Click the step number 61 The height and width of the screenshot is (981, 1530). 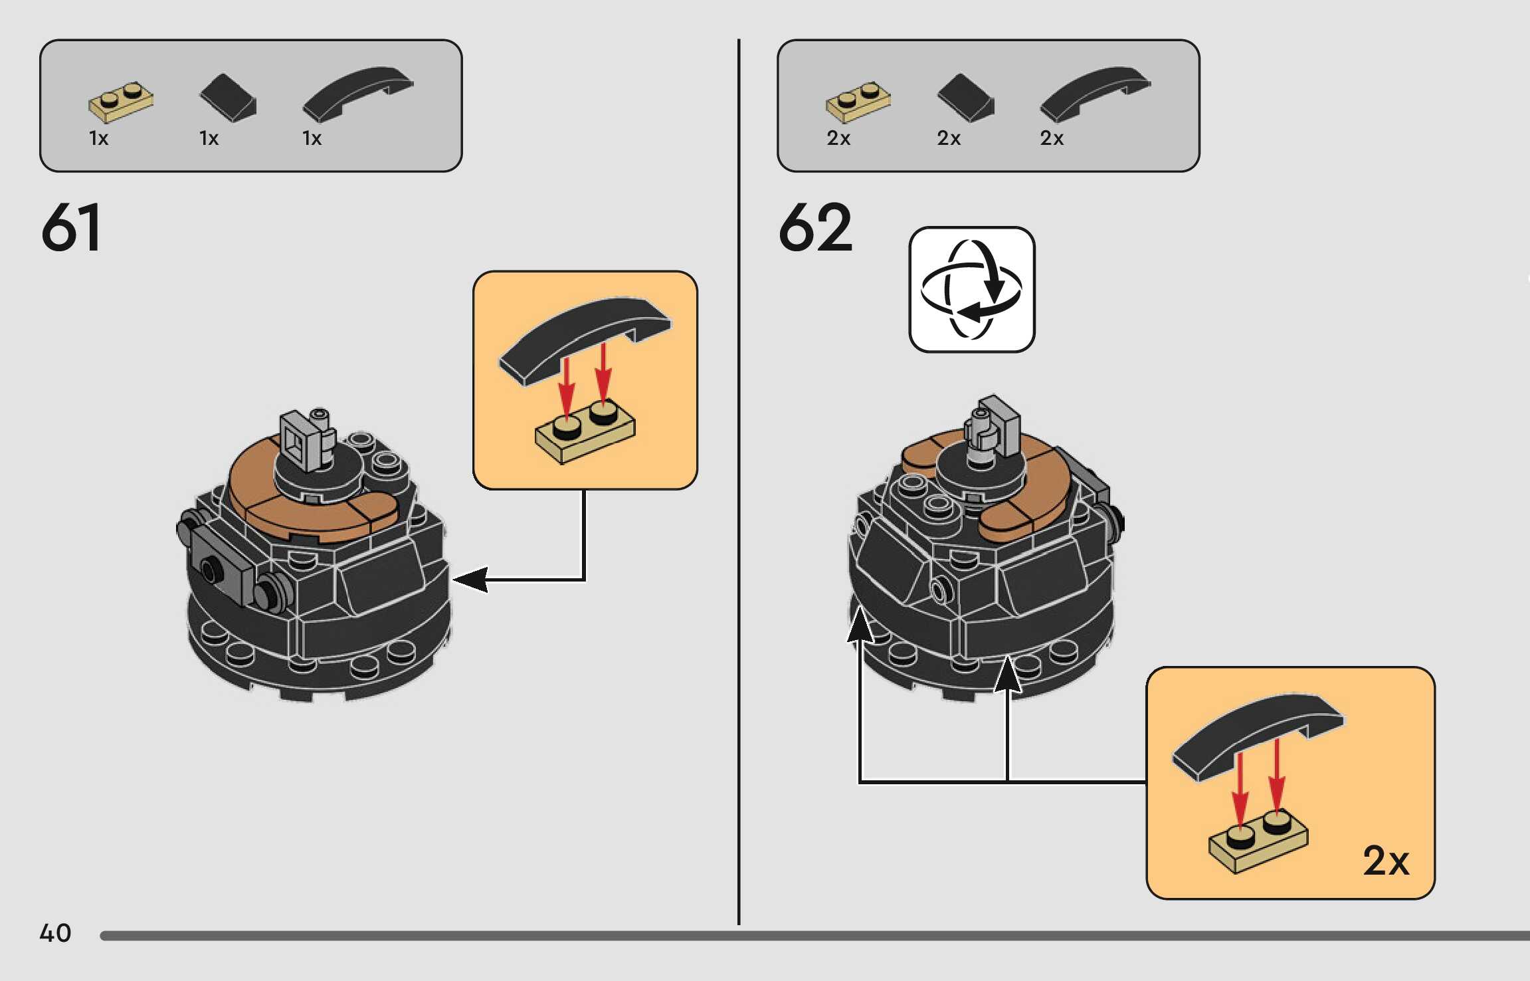coord(71,227)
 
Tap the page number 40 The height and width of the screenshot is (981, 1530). coord(55,933)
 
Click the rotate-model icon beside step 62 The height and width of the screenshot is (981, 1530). coord(971,290)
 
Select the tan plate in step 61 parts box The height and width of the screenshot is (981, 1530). coord(121,102)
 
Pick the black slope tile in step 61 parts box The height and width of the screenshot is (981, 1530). coord(228,98)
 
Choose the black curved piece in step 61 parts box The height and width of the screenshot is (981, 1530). coord(357,92)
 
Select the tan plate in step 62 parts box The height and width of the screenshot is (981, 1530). coord(858,102)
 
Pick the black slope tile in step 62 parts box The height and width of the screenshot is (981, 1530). coord(965,98)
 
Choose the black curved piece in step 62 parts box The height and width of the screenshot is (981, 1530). coord(1095,92)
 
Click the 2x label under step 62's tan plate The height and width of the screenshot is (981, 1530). coord(838,138)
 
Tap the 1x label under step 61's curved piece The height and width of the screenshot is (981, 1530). coord(312,138)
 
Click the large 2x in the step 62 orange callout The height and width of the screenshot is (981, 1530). coord(1385,861)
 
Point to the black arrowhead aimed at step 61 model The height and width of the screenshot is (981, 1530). coord(470,580)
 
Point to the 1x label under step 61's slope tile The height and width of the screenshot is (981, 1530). coord(209,138)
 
